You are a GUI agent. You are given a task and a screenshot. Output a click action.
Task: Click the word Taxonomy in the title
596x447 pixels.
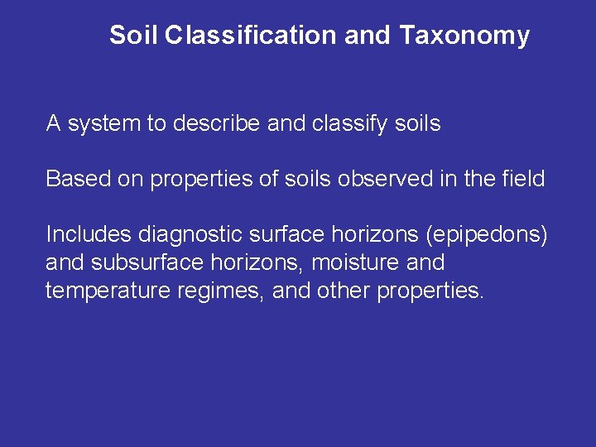pyautogui.click(x=464, y=36)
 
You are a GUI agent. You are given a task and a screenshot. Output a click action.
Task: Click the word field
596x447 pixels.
pyautogui.click(x=521, y=179)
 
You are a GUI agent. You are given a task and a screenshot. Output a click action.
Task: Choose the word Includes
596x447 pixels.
pyautogui.click(x=89, y=234)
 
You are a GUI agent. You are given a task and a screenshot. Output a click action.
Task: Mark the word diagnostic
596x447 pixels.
pyautogui.click(x=193, y=234)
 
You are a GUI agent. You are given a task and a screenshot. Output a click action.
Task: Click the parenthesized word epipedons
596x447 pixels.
pyautogui.click(x=486, y=234)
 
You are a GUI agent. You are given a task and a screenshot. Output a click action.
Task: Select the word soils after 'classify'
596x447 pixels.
pyautogui.click(x=417, y=124)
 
